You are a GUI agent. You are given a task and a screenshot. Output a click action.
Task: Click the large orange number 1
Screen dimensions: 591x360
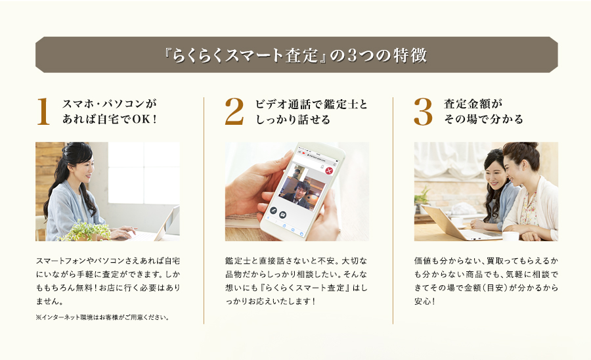tap(43, 111)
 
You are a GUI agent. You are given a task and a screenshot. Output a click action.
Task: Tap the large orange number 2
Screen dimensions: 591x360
tap(234, 111)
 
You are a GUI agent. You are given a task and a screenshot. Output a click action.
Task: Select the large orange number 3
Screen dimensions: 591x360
tap(423, 112)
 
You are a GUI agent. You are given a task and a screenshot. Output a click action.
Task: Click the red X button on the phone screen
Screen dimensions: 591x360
tap(330, 171)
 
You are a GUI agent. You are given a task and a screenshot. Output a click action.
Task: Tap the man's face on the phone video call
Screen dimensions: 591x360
tap(302, 188)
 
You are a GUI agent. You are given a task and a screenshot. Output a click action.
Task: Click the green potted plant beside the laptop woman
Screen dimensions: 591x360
tap(85, 231)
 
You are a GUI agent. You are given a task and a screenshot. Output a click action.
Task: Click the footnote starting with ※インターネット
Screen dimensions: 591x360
tap(102, 317)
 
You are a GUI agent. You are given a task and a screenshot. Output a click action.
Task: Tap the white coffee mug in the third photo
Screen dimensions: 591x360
tap(510, 236)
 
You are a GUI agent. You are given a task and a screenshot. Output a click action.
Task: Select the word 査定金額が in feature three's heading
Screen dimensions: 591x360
tap(473, 104)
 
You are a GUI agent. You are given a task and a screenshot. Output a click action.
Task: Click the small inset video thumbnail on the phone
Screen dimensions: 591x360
tap(300, 172)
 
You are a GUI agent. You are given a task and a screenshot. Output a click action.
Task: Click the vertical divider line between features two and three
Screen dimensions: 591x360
tap(393, 210)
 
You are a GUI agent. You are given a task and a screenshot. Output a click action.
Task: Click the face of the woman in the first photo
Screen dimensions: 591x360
tap(84, 168)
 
